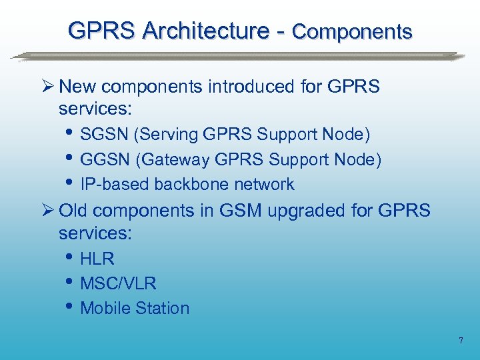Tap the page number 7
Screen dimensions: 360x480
point(460,341)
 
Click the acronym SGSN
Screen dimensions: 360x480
point(105,135)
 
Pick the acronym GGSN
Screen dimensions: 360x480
point(105,159)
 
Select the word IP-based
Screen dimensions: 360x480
point(115,184)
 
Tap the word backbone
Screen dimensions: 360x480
point(189,184)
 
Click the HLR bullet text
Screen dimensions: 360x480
point(97,259)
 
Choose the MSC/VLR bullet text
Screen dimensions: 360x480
point(118,283)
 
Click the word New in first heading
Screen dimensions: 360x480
point(77,87)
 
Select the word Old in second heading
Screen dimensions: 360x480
point(75,211)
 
